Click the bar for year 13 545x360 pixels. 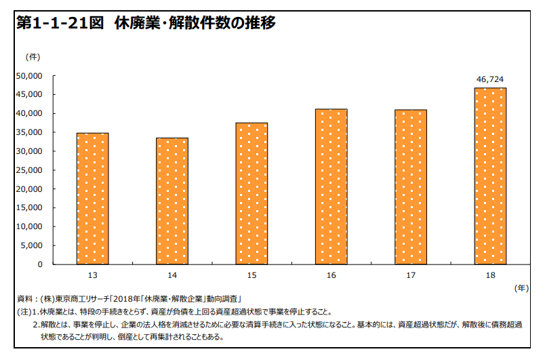[x=92, y=199]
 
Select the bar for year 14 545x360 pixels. [x=171, y=201]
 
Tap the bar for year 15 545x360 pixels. [x=251, y=193]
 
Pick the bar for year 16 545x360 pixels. [x=331, y=186]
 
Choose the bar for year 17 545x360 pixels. [x=411, y=186]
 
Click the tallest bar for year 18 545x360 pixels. [x=490, y=176]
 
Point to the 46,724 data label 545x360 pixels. [x=490, y=79]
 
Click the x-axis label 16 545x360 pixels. [x=331, y=275]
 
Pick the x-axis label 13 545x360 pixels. [x=92, y=275]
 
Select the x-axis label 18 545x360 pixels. [x=490, y=275]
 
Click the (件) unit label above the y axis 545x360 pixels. [x=33, y=56]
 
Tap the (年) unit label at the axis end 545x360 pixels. [x=520, y=288]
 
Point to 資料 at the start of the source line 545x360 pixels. [x=25, y=299]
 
